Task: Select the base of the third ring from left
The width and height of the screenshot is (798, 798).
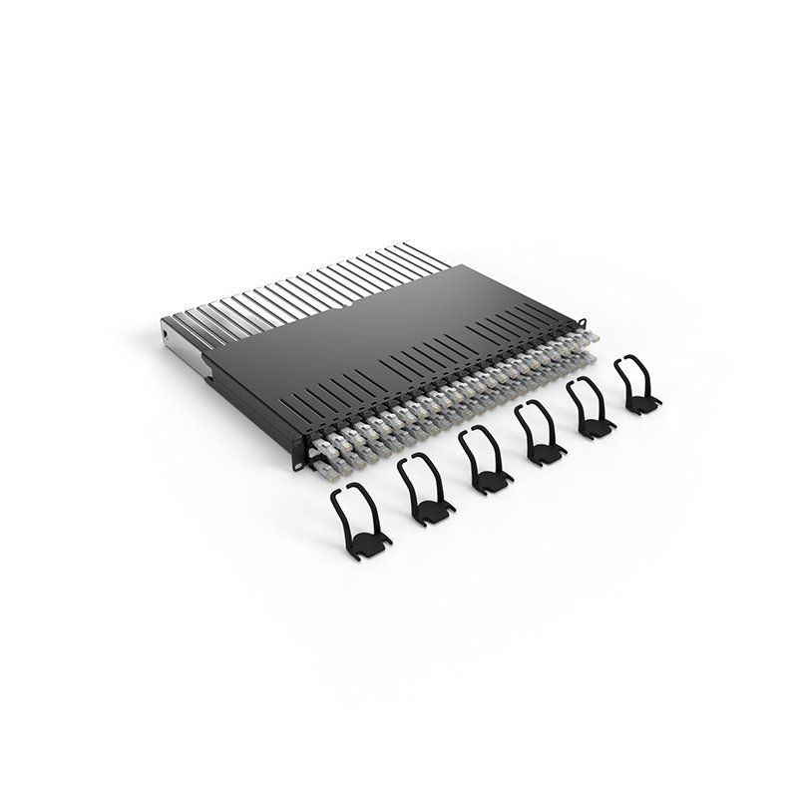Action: [x=489, y=481]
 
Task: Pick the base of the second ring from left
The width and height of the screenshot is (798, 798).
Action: [x=428, y=511]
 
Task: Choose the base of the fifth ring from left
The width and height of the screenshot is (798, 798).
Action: [x=595, y=427]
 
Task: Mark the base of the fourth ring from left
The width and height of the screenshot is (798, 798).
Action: [x=544, y=454]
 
